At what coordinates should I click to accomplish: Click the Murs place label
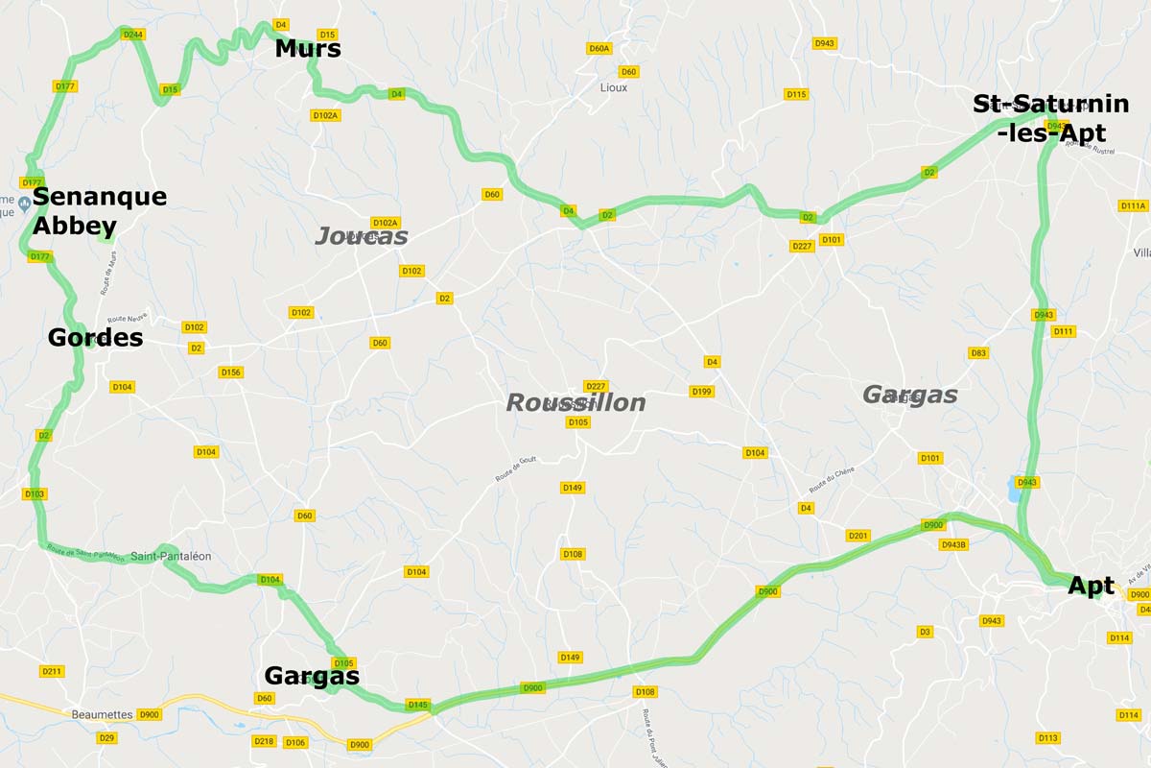(x=307, y=49)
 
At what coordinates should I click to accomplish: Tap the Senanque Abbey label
(x=99, y=211)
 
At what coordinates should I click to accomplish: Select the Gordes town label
(x=95, y=338)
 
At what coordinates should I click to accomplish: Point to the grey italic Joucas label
(x=362, y=236)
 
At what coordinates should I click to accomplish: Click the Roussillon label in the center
(x=575, y=402)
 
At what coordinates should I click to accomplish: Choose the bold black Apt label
(x=1091, y=586)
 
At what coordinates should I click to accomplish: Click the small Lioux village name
(x=613, y=87)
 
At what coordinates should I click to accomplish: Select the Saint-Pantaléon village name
(x=171, y=557)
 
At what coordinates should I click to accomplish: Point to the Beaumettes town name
(x=102, y=714)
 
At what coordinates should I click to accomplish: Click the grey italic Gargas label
(x=909, y=395)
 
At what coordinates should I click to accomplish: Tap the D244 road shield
(x=133, y=35)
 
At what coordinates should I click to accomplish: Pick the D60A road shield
(x=599, y=48)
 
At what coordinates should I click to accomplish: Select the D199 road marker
(x=701, y=392)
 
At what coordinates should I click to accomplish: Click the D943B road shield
(x=954, y=544)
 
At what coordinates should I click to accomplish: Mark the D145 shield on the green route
(x=417, y=705)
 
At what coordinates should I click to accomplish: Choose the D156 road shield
(x=230, y=372)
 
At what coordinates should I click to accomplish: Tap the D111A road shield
(x=1132, y=205)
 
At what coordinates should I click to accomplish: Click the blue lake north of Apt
(x=1016, y=492)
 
